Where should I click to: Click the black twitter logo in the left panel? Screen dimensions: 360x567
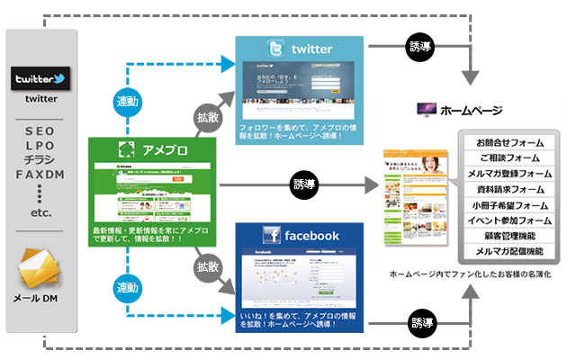click(x=40, y=79)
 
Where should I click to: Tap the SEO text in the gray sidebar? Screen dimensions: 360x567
click(x=40, y=130)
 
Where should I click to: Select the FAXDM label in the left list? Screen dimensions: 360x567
click(x=40, y=174)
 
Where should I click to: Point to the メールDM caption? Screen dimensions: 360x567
click(x=40, y=299)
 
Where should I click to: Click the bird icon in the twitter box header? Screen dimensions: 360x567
click(x=270, y=49)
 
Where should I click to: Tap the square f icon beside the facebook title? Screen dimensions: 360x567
click(x=271, y=236)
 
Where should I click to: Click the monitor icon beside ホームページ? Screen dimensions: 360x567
click(x=425, y=111)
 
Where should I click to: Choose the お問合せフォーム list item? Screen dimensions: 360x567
click(x=508, y=142)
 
